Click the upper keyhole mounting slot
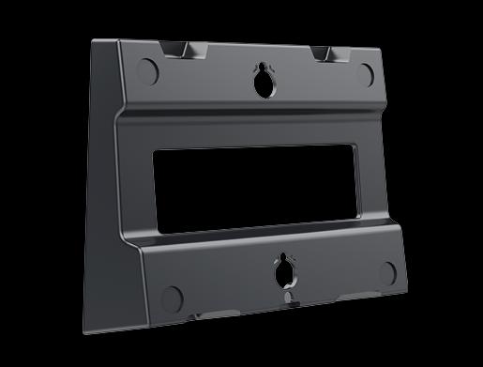(261, 80)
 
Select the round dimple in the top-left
(148, 69)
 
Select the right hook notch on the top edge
(325, 53)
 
